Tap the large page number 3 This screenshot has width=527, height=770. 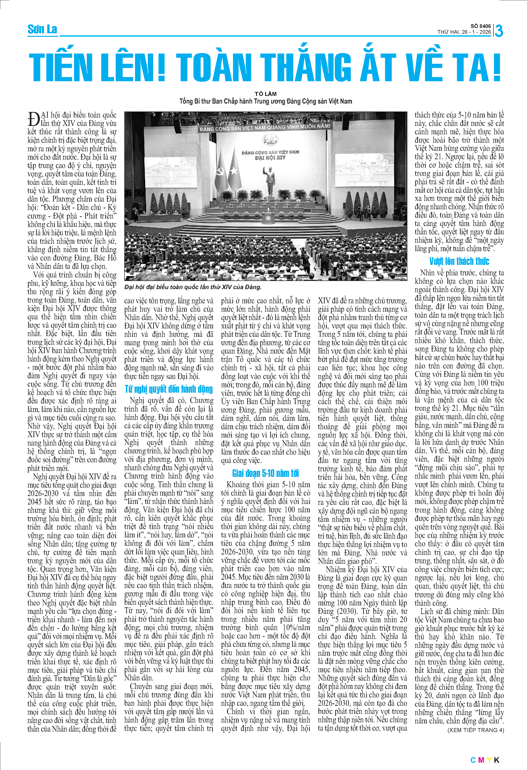pyautogui.click(x=499, y=31)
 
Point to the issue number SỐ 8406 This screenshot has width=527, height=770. pyautogui.click(x=481, y=26)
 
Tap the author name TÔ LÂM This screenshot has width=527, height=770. pyautogui.click(x=265, y=94)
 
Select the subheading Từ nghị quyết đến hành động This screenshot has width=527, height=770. pyautogui.click(x=169, y=389)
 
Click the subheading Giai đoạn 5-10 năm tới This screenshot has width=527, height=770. pyautogui.click(x=265, y=473)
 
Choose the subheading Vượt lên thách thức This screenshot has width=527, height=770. pyautogui.click(x=459, y=261)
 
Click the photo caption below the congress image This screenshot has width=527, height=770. pyautogui.click(x=193, y=287)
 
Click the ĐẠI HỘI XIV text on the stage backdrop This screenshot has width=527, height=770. pyautogui.click(x=270, y=158)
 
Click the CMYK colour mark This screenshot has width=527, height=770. pyautogui.click(x=485, y=760)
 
